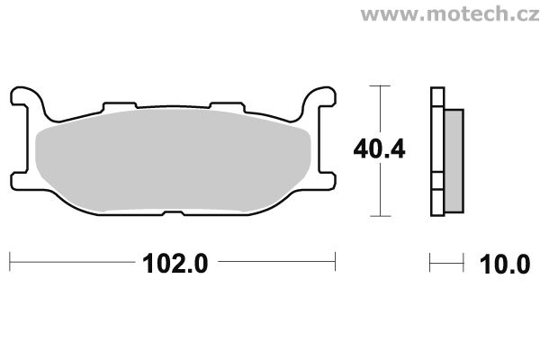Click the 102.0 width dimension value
coord(175,264)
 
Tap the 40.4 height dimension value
coord(379,149)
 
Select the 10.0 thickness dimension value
coord(505,265)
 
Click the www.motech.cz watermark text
coord(450,13)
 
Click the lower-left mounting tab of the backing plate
coord(20,181)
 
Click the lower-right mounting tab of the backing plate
coord(327,181)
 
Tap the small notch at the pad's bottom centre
coord(173,213)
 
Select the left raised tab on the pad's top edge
coord(120,106)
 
